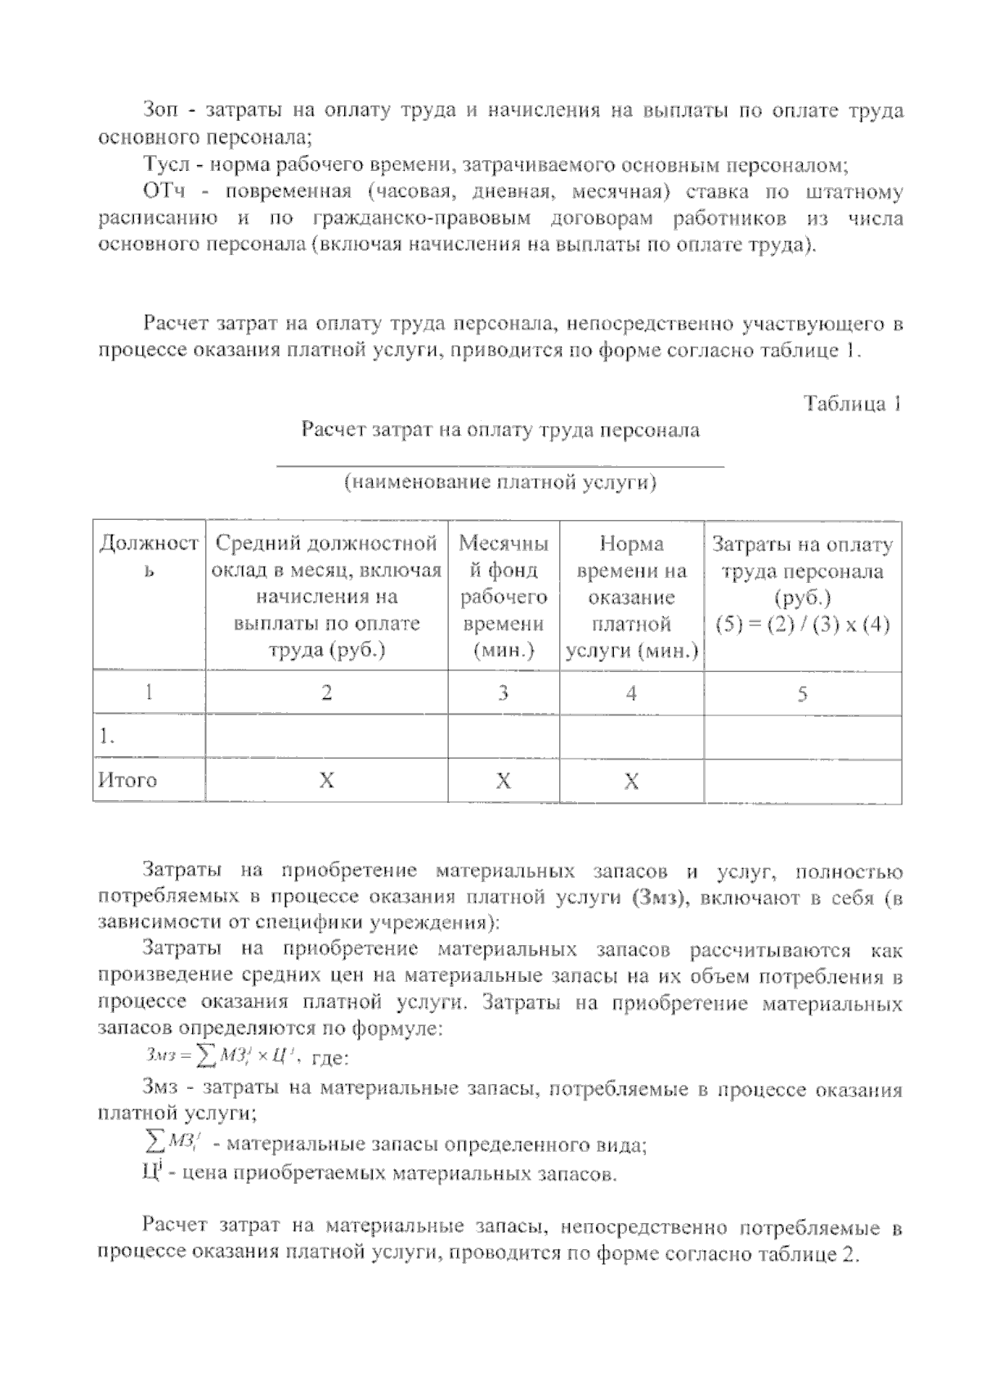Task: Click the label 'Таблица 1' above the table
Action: coord(852,404)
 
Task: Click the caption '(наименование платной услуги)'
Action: coord(500,482)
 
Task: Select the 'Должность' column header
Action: coord(148,556)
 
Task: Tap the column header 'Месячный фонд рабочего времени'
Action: coord(503,597)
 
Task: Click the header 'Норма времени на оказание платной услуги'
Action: coord(631,597)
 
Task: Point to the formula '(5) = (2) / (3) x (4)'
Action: coord(802,625)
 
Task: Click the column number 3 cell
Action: coord(503,693)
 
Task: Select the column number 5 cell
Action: coord(802,694)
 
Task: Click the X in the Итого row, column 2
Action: coord(326,781)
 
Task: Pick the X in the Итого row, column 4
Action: coord(631,782)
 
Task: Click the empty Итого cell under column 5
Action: coord(802,781)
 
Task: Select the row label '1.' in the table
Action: coord(106,737)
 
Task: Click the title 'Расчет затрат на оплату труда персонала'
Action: coord(500,430)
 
